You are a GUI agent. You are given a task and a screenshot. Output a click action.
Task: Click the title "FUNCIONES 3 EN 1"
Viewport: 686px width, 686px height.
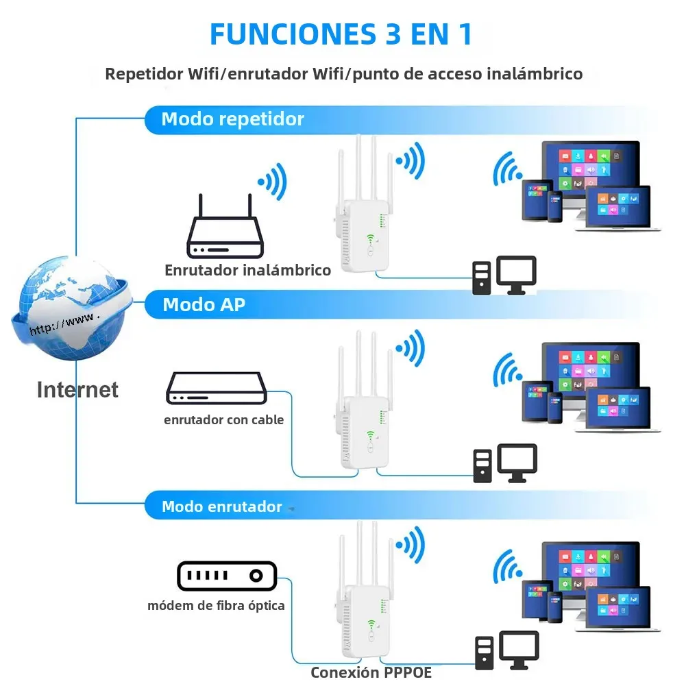pos(341,34)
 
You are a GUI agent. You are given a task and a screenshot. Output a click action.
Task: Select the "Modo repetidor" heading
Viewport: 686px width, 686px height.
pos(232,119)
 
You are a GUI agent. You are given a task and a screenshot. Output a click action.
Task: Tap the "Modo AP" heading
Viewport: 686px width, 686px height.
pos(204,304)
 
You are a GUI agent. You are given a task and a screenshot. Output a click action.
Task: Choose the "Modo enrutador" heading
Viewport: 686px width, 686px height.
pos(221,507)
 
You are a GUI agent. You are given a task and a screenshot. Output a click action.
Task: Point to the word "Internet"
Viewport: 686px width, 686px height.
pos(77,390)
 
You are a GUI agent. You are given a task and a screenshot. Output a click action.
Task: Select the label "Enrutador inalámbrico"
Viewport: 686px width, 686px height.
pos(247,270)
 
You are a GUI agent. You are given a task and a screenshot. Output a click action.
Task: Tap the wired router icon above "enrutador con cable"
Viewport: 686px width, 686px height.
pos(215,389)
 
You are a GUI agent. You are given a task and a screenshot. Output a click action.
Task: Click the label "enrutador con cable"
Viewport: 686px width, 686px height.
pos(223,419)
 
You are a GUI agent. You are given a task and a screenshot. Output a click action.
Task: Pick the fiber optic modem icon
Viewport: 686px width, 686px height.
pos(226,576)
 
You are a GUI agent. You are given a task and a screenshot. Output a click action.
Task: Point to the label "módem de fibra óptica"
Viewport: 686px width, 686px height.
pos(216,605)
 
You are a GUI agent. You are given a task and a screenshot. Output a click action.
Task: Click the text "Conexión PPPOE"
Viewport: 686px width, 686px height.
pos(371,672)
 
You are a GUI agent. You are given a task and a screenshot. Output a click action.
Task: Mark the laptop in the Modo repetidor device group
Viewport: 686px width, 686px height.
pos(618,209)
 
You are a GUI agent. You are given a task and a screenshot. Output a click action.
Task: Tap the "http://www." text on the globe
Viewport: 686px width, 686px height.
pos(65,323)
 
